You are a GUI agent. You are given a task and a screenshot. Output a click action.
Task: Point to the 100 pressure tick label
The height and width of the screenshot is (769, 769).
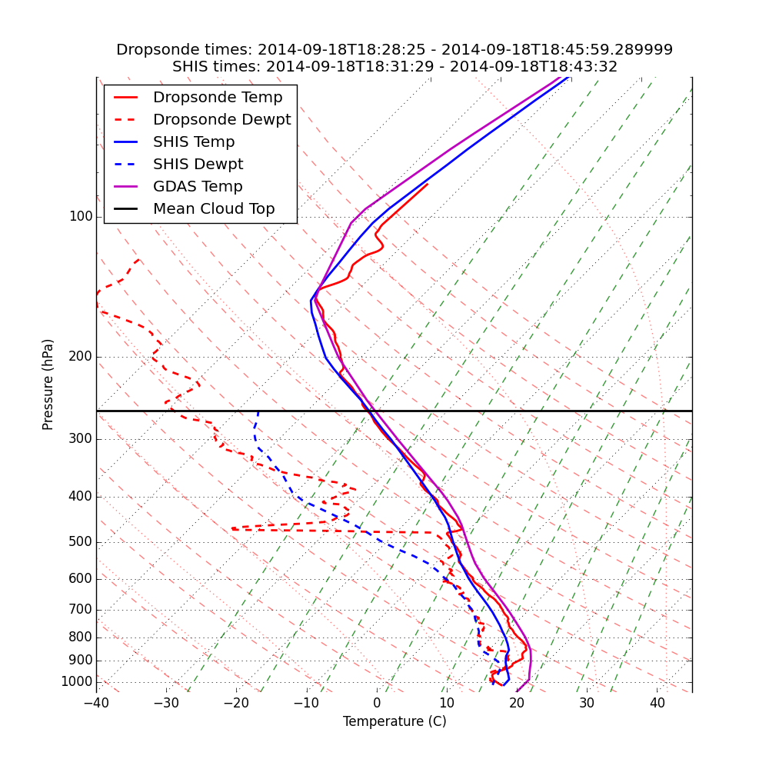(x=81, y=217)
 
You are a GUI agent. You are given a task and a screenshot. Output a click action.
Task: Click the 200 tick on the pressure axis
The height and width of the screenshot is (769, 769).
(x=81, y=357)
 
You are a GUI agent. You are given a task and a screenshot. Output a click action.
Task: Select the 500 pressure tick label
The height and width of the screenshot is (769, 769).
(x=81, y=542)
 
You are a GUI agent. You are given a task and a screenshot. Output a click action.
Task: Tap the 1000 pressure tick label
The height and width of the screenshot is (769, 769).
(x=77, y=682)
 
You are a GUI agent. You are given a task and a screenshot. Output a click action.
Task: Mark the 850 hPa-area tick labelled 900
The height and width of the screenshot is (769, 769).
(x=81, y=661)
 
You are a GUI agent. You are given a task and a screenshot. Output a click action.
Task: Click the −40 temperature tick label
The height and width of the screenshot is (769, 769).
(x=96, y=703)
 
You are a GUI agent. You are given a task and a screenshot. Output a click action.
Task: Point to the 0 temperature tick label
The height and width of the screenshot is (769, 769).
(x=377, y=703)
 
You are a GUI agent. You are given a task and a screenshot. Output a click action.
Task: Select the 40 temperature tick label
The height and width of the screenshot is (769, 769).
(x=657, y=703)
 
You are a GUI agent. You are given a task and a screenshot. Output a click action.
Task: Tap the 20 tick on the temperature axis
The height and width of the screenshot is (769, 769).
(x=517, y=703)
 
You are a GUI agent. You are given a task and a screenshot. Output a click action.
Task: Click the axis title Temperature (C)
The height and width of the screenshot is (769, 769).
(x=394, y=722)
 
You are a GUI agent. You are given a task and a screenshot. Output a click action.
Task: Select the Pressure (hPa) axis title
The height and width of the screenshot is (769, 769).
(x=48, y=384)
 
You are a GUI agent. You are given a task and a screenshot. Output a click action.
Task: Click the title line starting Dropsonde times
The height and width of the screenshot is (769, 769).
(x=394, y=50)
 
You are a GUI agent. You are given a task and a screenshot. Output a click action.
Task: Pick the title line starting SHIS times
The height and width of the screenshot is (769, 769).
(x=394, y=67)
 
